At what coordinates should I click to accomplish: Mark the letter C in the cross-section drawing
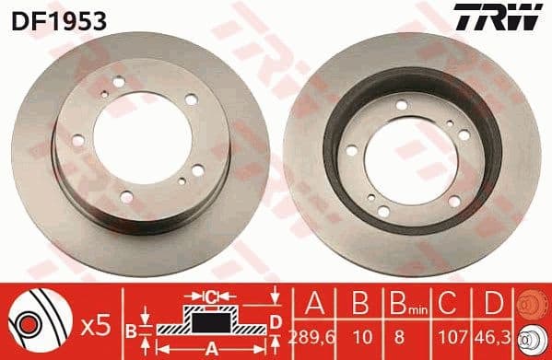point(210,296)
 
